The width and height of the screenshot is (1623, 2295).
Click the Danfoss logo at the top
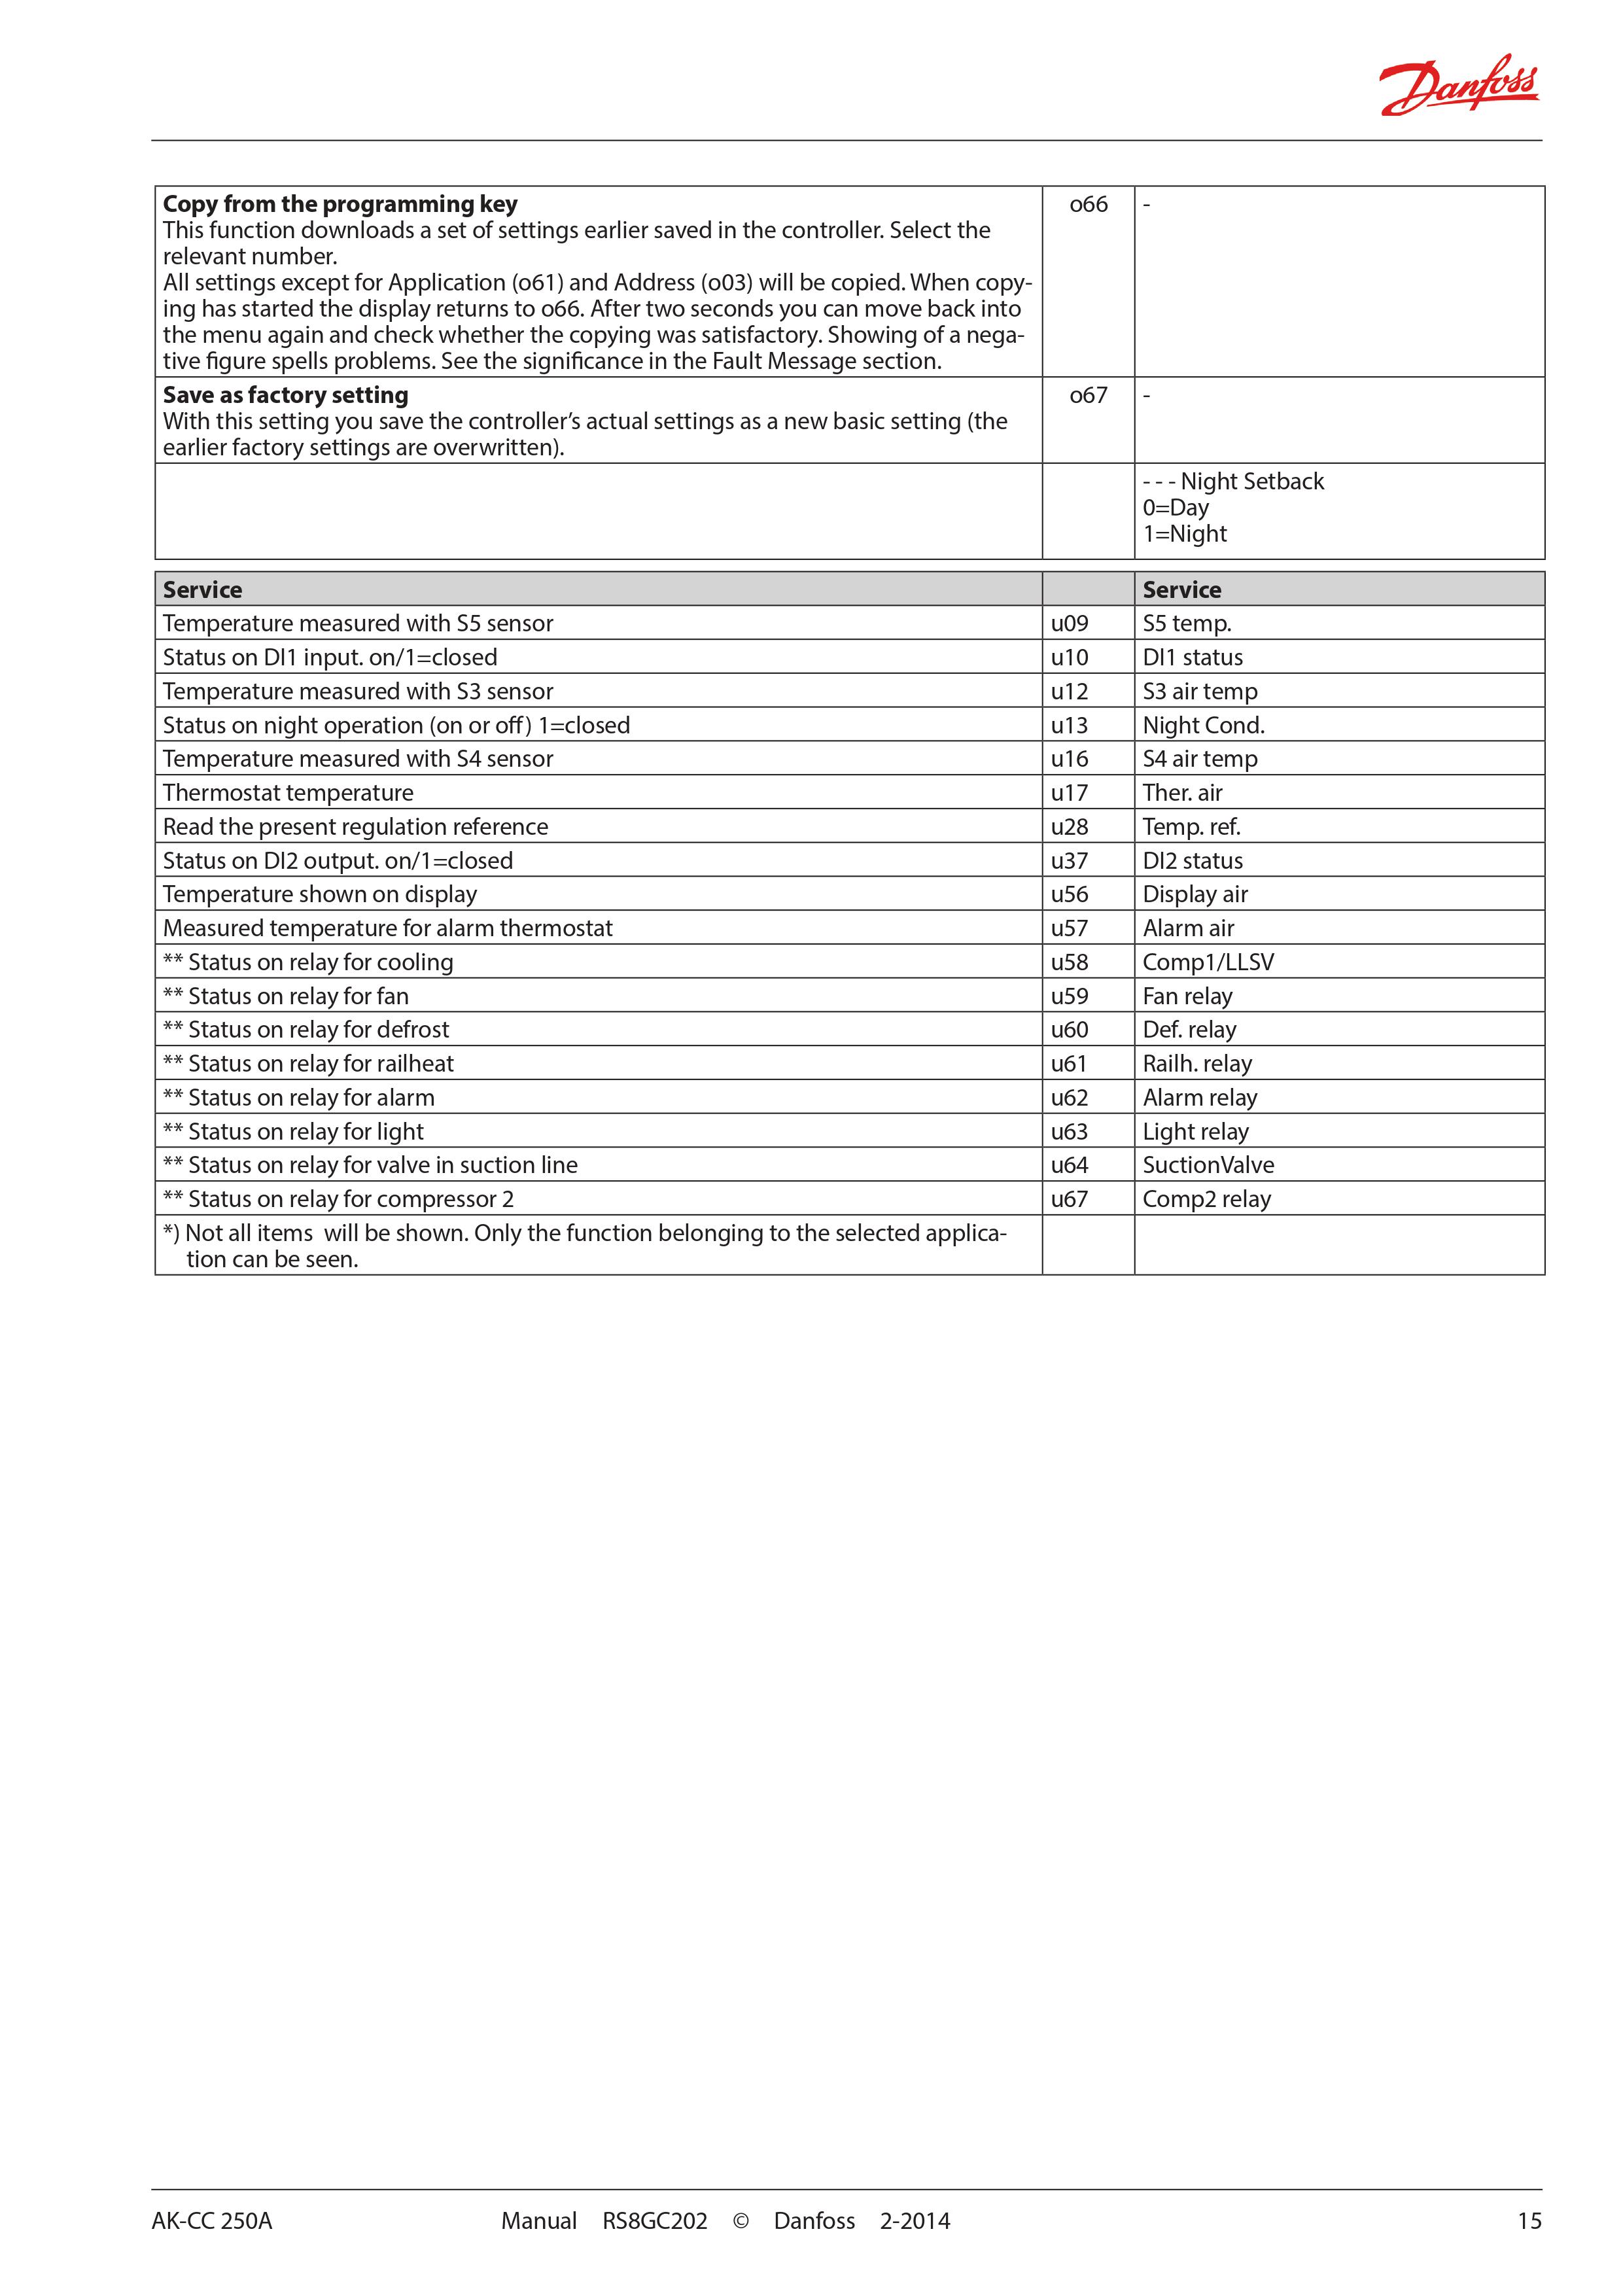tap(1458, 86)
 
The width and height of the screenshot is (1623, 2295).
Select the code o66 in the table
tap(1089, 205)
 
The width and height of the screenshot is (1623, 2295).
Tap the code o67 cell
tap(1089, 396)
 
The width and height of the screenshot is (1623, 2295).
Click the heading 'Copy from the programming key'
tap(340, 205)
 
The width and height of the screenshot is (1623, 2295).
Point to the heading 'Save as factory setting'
tap(286, 396)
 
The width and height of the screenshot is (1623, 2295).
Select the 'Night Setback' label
tap(1251, 482)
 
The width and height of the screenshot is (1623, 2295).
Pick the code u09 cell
tap(1070, 623)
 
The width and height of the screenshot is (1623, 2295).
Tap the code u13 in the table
tap(1070, 726)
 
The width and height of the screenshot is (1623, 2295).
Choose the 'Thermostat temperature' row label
tap(288, 794)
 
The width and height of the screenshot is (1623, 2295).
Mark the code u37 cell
tap(1070, 861)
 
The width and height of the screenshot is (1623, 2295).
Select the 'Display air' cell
tap(1195, 894)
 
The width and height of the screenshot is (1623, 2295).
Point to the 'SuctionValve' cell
tap(1208, 1166)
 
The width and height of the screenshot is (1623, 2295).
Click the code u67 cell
tap(1070, 1199)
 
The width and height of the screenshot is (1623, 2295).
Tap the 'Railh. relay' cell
tap(1197, 1064)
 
